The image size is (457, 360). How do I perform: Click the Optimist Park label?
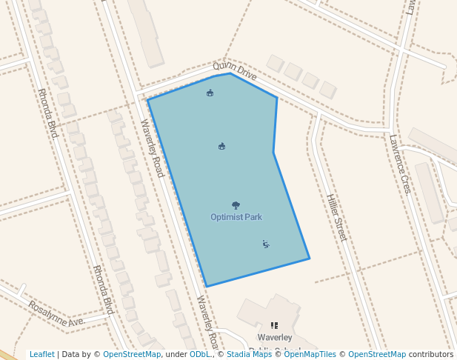236,217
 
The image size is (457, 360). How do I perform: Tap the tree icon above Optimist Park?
236,205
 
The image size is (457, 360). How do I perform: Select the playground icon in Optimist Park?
266,244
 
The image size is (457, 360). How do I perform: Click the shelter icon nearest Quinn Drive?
210,93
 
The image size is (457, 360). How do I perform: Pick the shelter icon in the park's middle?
222,146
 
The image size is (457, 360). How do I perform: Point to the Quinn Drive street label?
235,71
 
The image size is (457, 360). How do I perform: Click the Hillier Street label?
336,217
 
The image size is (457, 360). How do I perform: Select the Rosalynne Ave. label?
56,314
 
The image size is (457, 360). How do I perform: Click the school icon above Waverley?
274,324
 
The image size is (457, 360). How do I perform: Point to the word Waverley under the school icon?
275,337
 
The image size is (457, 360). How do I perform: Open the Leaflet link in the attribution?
41,354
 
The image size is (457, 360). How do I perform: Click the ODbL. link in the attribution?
201,354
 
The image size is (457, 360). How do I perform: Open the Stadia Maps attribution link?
249,354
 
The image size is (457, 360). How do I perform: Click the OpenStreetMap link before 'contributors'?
377,354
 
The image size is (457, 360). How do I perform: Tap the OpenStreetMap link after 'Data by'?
132,354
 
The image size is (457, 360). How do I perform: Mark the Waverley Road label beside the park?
152,148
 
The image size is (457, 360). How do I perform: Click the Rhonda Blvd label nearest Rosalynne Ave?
102,290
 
